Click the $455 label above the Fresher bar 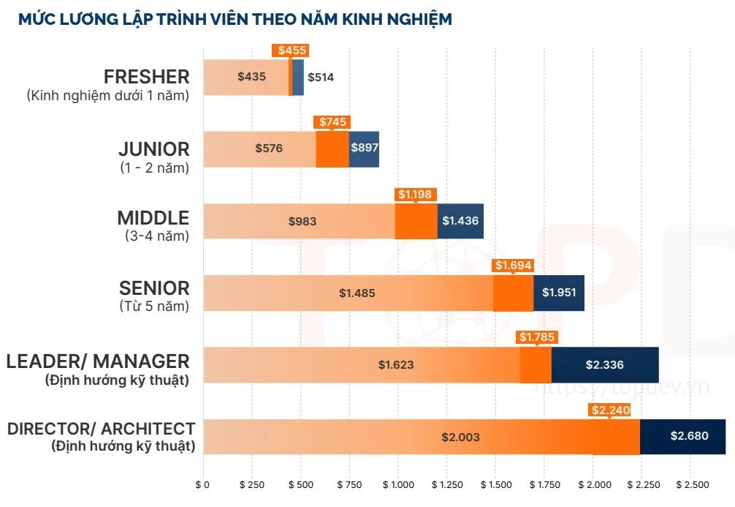pos(290,50)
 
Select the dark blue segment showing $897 pos(364,149)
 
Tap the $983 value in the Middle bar pos(302,221)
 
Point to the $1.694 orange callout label pos(513,266)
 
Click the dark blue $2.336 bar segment pos(604,364)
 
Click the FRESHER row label pos(146,76)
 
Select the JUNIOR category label pos(153,149)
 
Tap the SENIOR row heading pos(154,288)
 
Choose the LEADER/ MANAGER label pos(98,361)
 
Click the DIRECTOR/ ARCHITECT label pos(102,429)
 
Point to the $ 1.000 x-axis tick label pos(397,485)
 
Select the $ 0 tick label pos(202,485)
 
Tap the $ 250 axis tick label pos(251,485)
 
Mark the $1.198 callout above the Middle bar pos(416,195)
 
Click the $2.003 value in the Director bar pos(460,437)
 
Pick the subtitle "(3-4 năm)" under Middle pos(156,236)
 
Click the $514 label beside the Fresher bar pos(320,77)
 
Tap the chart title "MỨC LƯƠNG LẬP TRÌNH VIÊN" pos(235,19)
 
